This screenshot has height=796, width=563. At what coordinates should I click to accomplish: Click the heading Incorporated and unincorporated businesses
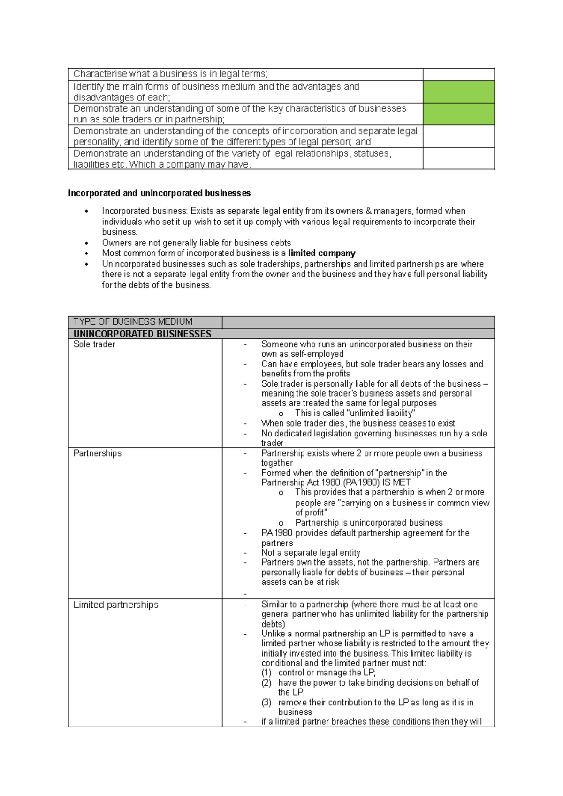coord(159,193)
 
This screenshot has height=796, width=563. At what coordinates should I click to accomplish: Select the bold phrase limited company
coord(321,253)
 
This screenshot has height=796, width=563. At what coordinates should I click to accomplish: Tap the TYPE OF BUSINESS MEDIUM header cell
coord(133,321)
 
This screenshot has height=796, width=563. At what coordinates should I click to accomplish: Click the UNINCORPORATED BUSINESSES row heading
coord(142,334)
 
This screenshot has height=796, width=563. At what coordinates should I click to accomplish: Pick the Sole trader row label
coord(94,344)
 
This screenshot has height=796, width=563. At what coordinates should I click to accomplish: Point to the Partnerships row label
coord(98,453)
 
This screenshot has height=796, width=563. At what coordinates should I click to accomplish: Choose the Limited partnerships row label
coord(115,605)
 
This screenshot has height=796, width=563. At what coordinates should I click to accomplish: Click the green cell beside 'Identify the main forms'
coord(458,92)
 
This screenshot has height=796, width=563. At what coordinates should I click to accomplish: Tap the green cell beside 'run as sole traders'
coord(458,114)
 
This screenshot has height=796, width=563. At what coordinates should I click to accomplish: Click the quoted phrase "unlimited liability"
coord(380,413)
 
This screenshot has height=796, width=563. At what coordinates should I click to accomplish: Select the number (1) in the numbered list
coord(266,673)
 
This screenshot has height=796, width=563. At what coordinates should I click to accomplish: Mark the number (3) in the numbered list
coord(266,702)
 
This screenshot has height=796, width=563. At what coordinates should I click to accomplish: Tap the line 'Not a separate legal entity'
coord(311,552)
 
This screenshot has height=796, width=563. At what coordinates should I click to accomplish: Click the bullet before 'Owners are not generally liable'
coord(86,243)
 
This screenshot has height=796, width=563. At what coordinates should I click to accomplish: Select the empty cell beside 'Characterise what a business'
coord(458,74)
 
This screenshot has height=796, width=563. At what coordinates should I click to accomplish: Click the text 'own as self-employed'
coord(302,354)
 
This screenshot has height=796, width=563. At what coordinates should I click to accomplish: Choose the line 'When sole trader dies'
coord(358,423)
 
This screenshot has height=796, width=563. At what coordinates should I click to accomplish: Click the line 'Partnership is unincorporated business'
coord(369,522)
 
